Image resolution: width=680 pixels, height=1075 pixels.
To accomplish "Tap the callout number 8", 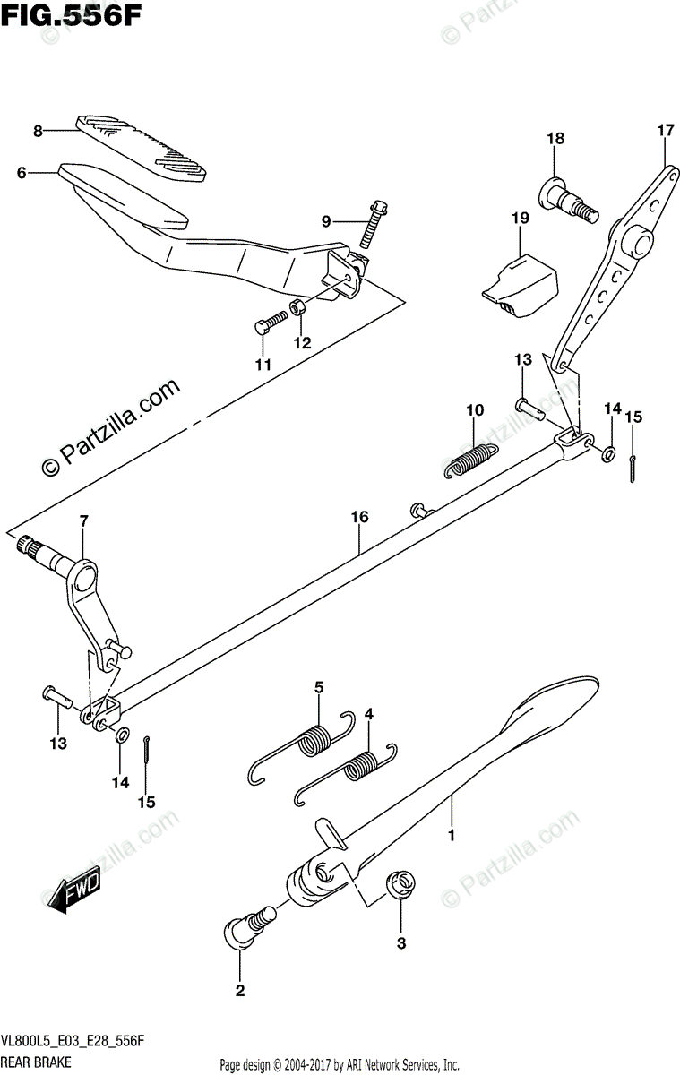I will pos(38,131).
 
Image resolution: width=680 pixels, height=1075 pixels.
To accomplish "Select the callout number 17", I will pos(664,131).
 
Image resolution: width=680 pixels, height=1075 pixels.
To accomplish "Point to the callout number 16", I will pos(359,517).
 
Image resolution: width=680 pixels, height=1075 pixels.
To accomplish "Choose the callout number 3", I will pos(401,943).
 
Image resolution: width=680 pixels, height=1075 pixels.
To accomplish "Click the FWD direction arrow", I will pos(74,892).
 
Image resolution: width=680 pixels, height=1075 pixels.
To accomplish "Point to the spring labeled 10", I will pos(469,459).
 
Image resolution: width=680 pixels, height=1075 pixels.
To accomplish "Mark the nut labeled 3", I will pos(400,885).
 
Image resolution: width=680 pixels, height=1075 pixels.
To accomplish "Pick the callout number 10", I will pos(474,410).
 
